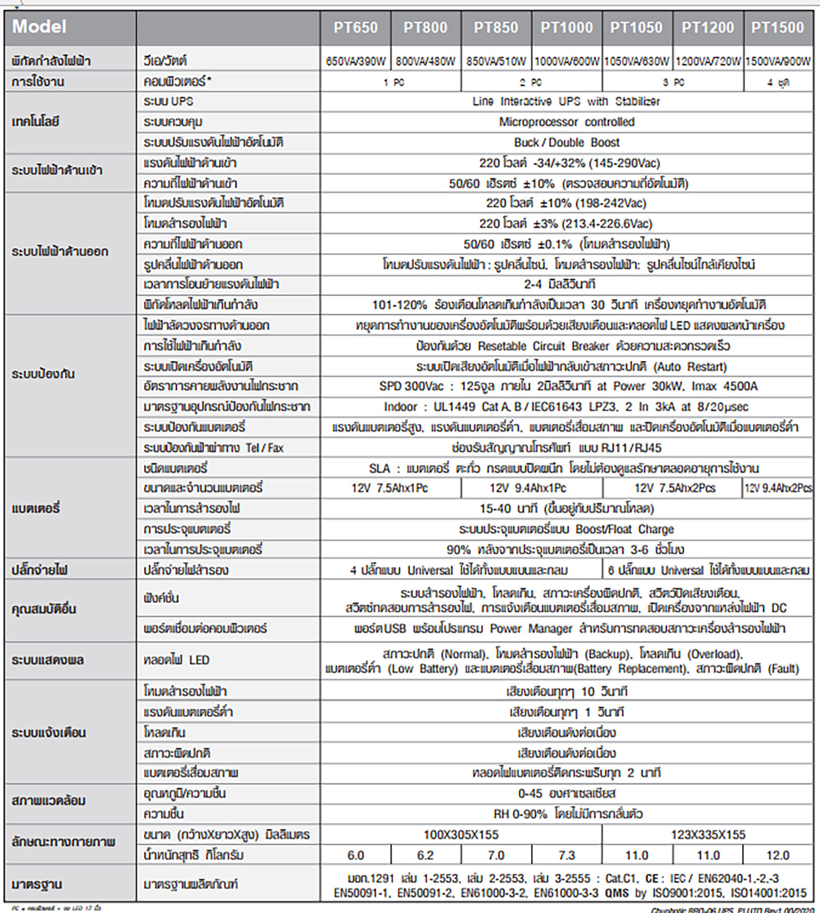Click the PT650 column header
coord(355,27)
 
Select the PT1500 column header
coord(777,27)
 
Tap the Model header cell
coord(39,27)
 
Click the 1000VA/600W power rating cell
coord(567,61)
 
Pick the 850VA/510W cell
coord(496,61)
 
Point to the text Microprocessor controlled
coord(566,122)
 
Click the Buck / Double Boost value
coord(566,142)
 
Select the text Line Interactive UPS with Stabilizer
coord(566,101)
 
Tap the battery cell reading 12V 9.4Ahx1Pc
coord(528,488)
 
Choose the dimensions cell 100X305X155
coord(461,835)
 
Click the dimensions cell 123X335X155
coord(708,835)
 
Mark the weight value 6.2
coord(425,855)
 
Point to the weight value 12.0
coord(777,855)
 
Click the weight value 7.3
coord(567,855)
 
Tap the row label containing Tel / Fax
coord(213,448)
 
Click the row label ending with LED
coord(176,660)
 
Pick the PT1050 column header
coord(637,27)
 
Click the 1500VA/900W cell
coord(778,61)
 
